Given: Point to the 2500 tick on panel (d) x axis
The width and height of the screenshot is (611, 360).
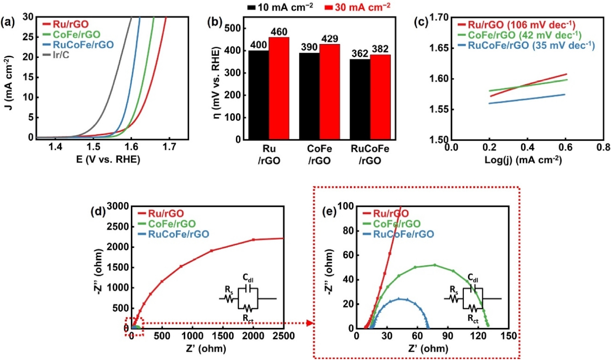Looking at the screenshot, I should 283,336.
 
